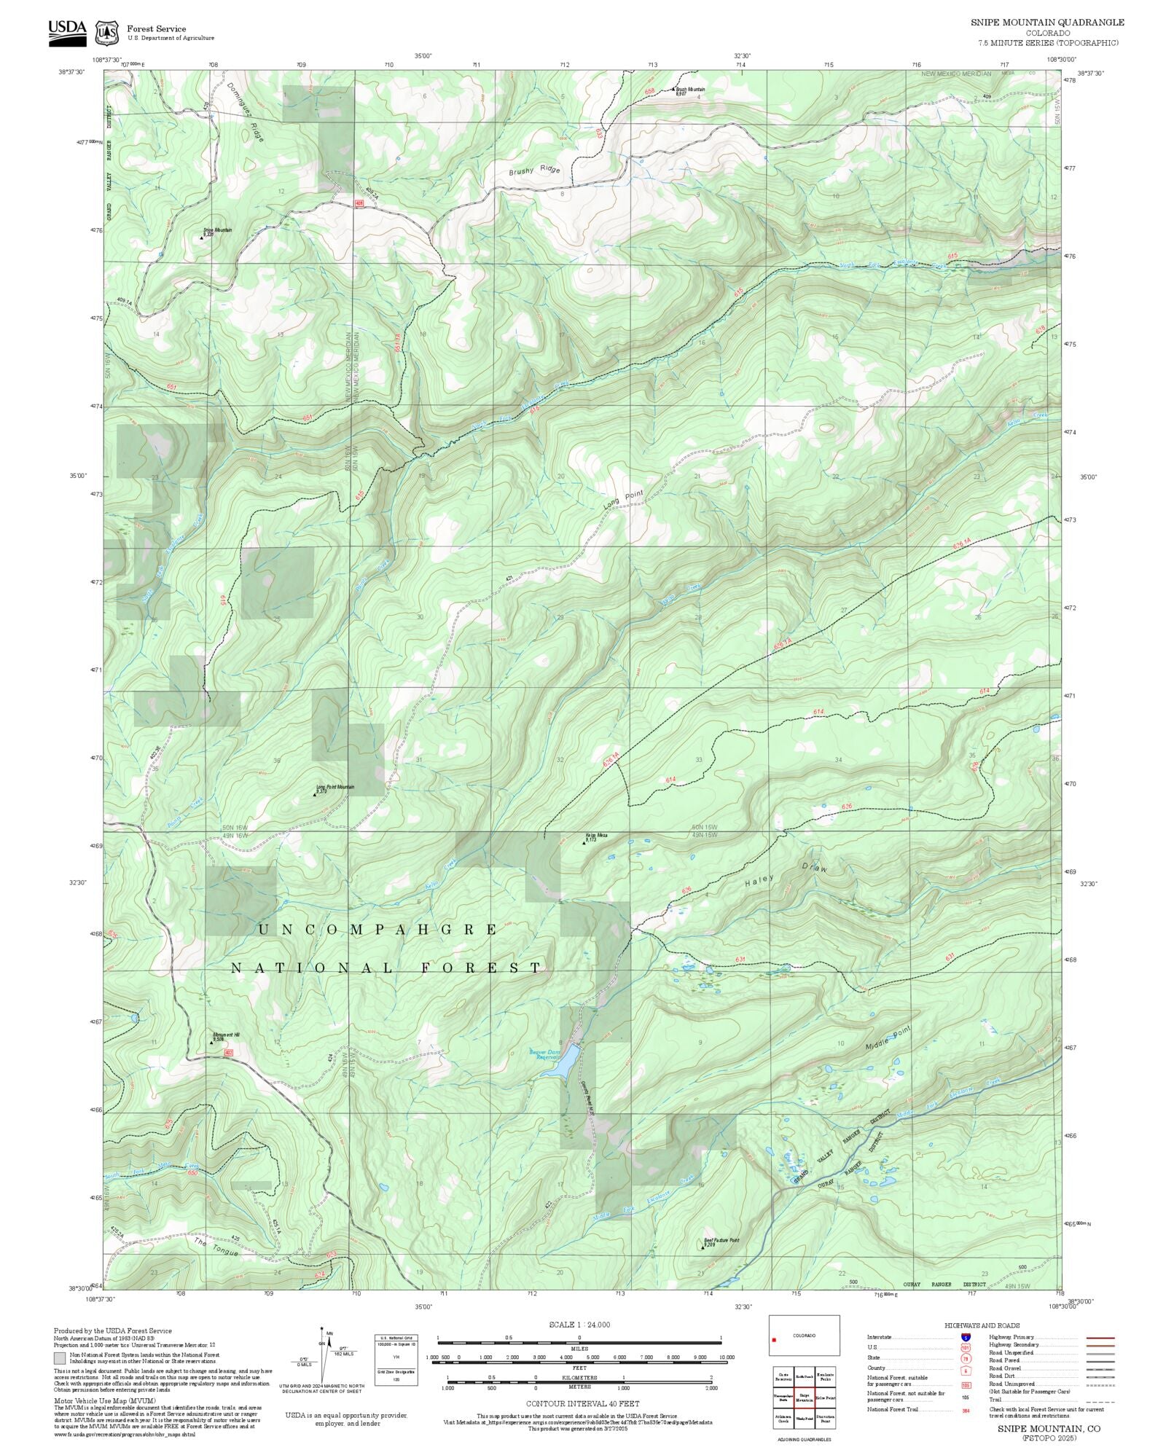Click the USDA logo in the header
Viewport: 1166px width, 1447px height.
pos(67,32)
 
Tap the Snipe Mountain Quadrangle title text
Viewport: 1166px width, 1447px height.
pos(1047,22)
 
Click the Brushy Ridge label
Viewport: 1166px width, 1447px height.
pos(535,170)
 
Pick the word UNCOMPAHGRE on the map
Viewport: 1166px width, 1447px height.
pos(377,930)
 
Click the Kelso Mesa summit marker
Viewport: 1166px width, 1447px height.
pos(584,842)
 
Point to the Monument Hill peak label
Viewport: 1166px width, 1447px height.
pos(226,1035)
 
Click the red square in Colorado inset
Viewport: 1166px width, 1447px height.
pos(774,1339)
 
